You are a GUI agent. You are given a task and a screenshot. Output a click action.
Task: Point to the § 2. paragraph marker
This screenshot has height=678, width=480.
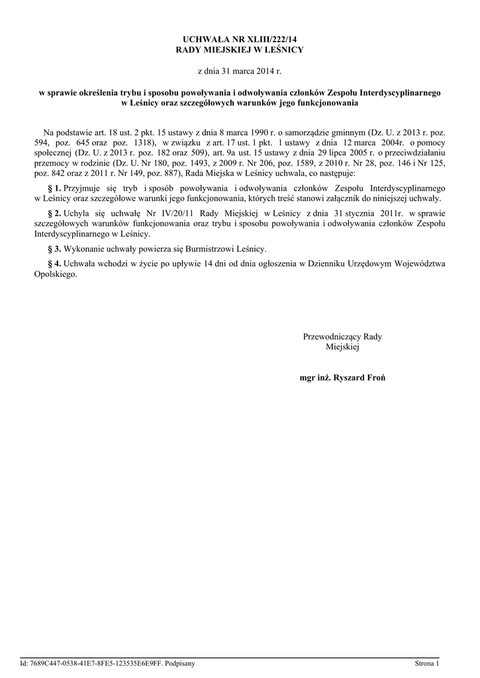(56, 215)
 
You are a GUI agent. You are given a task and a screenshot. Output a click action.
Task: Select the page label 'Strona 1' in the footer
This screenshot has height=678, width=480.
(426, 663)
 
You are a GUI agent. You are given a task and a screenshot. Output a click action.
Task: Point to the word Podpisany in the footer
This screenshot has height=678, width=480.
(179, 663)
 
